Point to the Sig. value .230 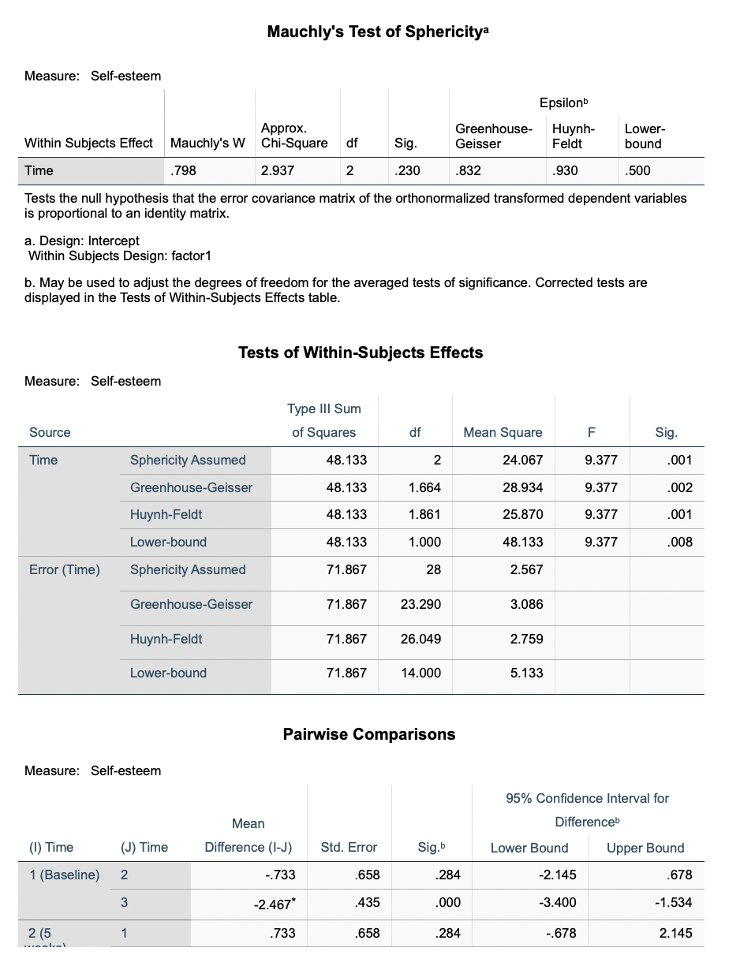(407, 170)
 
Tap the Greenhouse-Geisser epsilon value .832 (467, 170)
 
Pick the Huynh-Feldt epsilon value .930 (564, 170)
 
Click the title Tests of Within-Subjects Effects (361, 353)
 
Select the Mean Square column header (503, 432)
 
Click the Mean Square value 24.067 (522, 460)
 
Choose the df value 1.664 (424, 487)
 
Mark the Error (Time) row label (65, 569)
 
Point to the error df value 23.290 (420, 604)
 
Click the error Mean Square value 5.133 (526, 673)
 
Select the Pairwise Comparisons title (368, 734)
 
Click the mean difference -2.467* (272, 902)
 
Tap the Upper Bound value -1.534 (673, 902)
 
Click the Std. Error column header (349, 848)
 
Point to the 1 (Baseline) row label (64, 875)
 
